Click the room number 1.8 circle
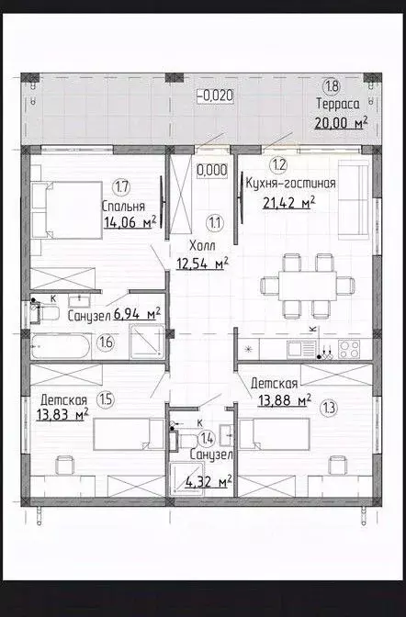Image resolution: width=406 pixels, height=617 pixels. click(x=333, y=85)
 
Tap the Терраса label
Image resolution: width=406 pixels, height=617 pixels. click(x=338, y=105)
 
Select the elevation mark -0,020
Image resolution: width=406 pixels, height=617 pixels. click(x=215, y=95)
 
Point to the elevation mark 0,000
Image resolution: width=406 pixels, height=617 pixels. click(x=212, y=170)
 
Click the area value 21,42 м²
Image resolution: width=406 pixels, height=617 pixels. click(x=289, y=203)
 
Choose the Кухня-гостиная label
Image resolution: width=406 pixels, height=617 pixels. click(x=290, y=184)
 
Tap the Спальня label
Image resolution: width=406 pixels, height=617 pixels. click(x=123, y=207)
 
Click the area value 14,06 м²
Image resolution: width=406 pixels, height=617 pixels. click(x=130, y=222)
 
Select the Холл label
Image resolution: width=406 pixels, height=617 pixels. click(x=202, y=246)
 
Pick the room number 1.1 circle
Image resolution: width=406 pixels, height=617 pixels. click(x=215, y=223)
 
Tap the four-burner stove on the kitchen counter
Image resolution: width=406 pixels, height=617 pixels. click(x=350, y=349)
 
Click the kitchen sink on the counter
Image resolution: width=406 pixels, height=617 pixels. click(x=301, y=349)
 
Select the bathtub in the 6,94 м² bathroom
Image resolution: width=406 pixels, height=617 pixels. click(x=61, y=346)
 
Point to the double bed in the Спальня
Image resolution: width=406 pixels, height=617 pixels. click(x=66, y=209)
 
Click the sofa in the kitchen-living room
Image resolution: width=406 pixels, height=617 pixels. click(x=354, y=200)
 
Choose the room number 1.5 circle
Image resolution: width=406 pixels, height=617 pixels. click(x=107, y=399)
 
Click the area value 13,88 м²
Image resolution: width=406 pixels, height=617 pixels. click(x=285, y=400)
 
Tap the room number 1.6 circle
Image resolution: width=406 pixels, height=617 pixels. click(x=107, y=342)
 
